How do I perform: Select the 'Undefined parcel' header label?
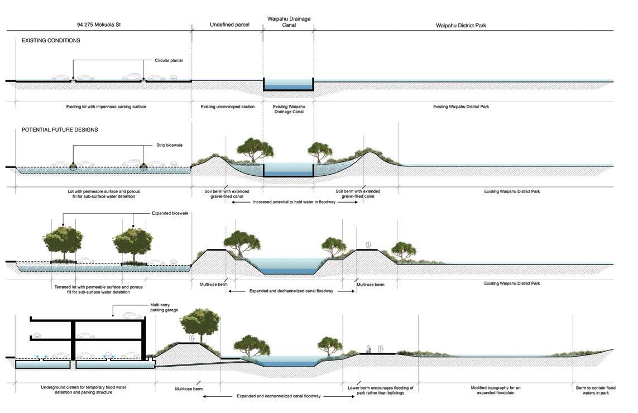[x=229, y=25]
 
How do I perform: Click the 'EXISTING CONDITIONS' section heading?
[x=51, y=41]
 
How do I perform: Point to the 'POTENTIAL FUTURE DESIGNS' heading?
[x=60, y=129]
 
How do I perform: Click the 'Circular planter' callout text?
[x=169, y=60]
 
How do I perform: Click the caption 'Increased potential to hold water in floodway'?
[x=294, y=202]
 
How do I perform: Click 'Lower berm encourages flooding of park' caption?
[x=380, y=390]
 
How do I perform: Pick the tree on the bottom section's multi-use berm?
[x=200, y=324]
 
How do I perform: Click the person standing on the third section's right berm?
[x=368, y=245]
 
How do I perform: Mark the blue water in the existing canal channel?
[x=288, y=85]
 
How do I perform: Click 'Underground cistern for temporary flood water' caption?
[x=77, y=390]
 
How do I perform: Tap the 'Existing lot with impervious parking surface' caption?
[x=102, y=106]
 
